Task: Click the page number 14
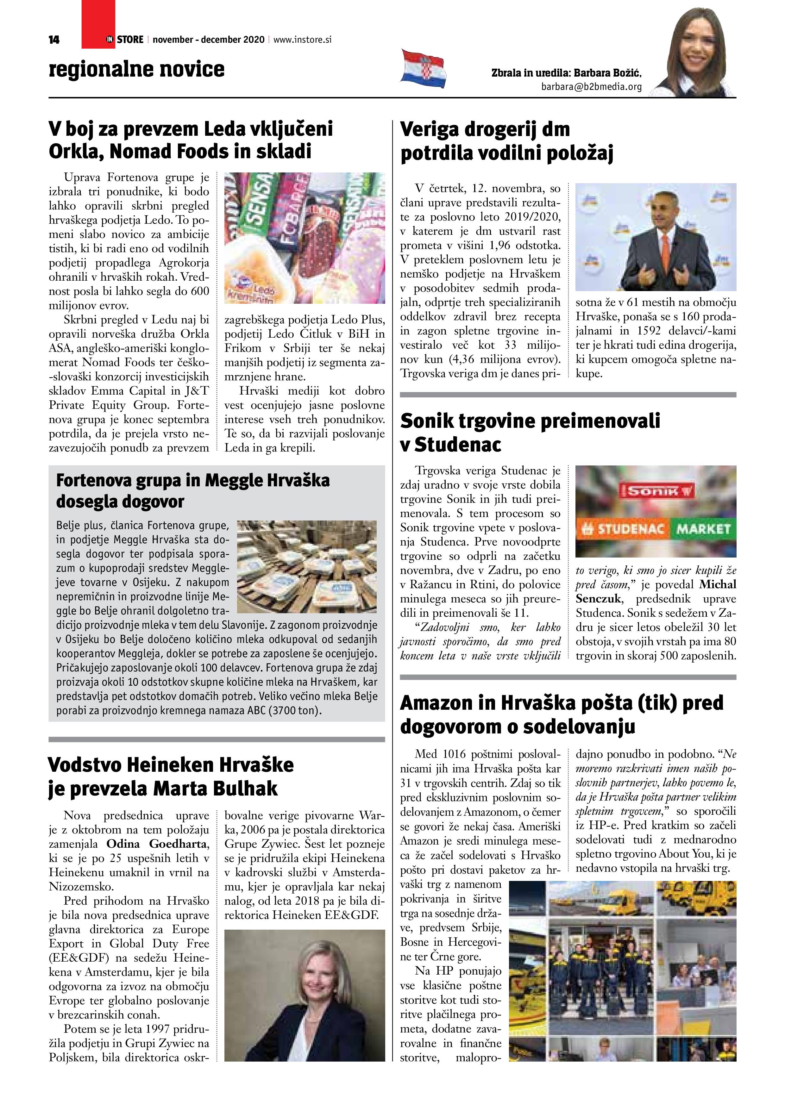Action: pyautogui.click(x=54, y=40)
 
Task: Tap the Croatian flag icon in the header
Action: pyautogui.click(x=423, y=68)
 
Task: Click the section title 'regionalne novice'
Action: pyautogui.click(x=136, y=69)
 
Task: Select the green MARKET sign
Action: pyautogui.click(x=703, y=529)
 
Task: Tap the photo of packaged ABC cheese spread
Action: pyautogui.click(x=307, y=566)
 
